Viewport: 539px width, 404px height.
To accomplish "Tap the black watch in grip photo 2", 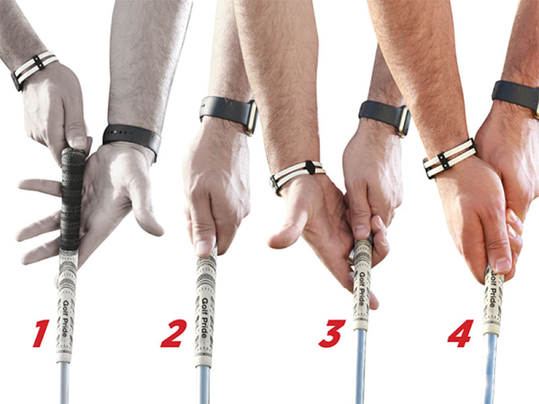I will coord(229,112).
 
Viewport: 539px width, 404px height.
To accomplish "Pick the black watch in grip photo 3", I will coord(385,116).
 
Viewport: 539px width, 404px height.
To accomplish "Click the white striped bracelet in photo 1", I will coord(34,68).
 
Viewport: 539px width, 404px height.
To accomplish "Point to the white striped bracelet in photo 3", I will coord(297,174).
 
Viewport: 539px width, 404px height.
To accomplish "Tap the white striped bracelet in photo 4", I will coord(449,158).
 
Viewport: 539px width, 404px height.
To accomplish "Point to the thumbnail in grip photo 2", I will coord(205,248).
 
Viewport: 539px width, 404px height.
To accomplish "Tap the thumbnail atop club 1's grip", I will coord(80,143).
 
